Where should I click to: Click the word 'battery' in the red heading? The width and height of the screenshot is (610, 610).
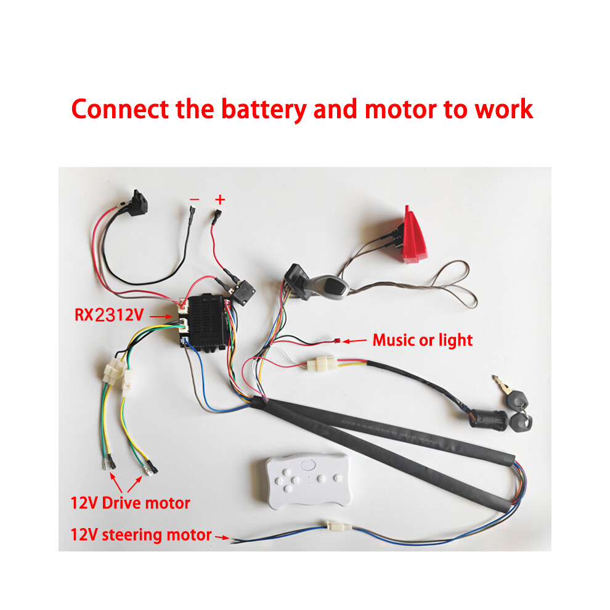coord(264,109)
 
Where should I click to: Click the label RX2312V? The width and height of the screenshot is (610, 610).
coord(109,315)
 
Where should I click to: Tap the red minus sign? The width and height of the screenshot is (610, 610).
coord(195,200)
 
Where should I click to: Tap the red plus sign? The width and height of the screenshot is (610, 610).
coord(220,200)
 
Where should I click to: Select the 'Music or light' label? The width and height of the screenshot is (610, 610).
coord(423,340)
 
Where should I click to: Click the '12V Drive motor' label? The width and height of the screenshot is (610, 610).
coord(131,503)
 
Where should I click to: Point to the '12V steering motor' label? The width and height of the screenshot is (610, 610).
coord(141,535)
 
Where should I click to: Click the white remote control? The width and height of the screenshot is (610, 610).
coord(307,480)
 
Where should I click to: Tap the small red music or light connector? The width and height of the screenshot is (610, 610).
coord(337,341)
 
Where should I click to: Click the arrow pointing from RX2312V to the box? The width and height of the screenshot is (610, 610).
coord(161,317)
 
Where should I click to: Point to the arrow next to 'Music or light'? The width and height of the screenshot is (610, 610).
coord(355,341)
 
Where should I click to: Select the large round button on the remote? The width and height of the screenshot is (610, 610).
coord(308,465)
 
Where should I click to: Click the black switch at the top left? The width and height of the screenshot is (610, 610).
coord(138,203)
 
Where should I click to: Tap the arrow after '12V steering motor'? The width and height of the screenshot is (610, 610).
coord(222,537)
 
